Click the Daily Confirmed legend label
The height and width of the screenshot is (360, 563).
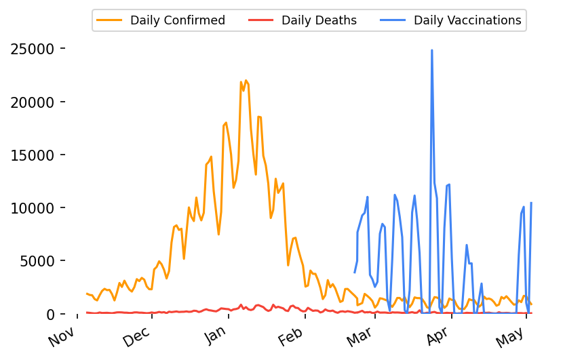click(x=178, y=20)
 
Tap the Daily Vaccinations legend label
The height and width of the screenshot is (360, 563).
click(x=467, y=20)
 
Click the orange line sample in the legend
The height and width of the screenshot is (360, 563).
click(x=110, y=20)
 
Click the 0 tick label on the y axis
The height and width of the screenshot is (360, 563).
click(x=50, y=314)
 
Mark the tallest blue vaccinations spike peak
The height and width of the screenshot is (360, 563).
click(x=431, y=50)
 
